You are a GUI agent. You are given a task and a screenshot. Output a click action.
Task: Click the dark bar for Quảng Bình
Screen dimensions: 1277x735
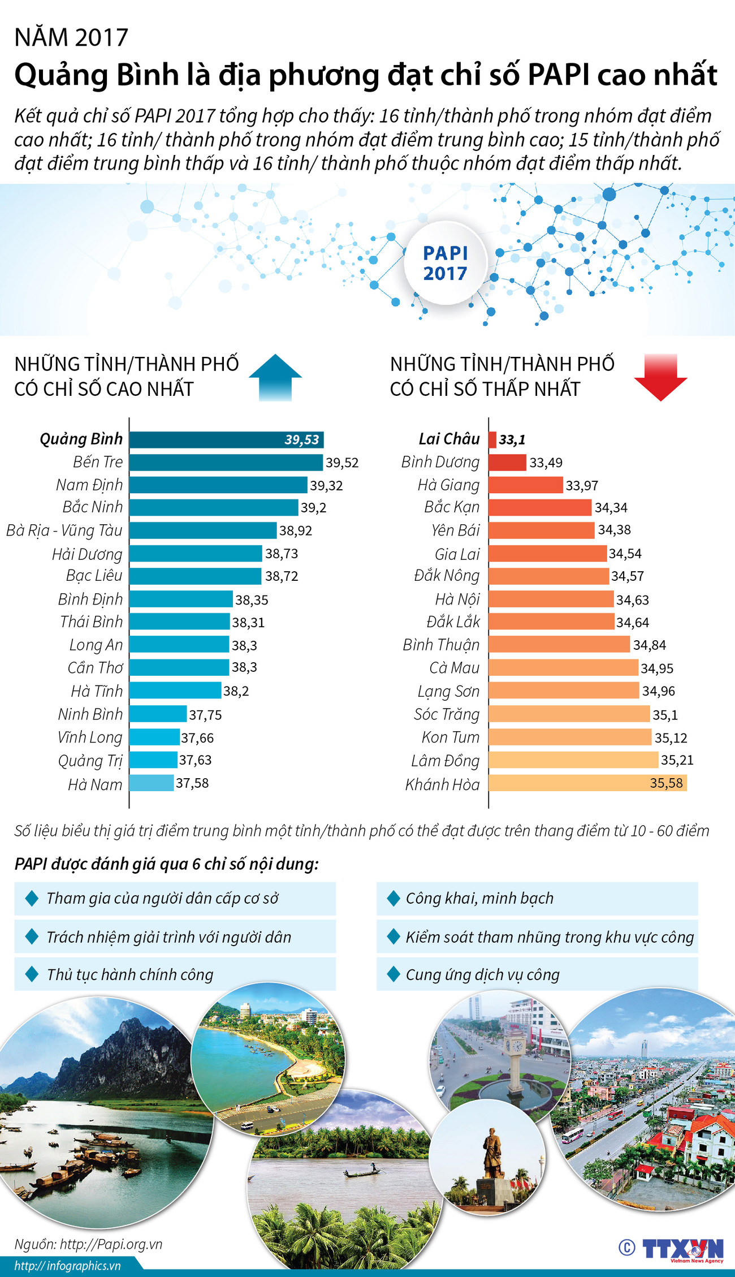[x=226, y=439]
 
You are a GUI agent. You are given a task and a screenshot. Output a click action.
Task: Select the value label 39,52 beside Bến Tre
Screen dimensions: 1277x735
[x=342, y=463]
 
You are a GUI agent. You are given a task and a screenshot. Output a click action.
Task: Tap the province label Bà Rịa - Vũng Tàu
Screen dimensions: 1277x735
[x=64, y=530]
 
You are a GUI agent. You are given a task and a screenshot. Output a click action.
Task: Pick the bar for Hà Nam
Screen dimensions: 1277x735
[x=152, y=783]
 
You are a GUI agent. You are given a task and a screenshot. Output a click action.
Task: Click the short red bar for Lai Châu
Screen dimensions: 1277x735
[x=492, y=439]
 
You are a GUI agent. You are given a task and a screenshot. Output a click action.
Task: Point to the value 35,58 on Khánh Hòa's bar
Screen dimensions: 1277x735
[x=667, y=783]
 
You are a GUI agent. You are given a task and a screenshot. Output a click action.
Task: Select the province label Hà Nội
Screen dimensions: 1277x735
[x=457, y=599]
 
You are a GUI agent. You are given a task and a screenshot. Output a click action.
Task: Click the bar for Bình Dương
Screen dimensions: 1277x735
[x=507, y=463]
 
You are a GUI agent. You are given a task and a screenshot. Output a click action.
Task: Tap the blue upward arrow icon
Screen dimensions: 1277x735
[x=275, y=377]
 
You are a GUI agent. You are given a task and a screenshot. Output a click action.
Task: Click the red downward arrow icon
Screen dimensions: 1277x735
[x=660, y=377]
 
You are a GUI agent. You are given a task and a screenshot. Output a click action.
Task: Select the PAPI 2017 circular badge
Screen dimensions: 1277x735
[x=446, y=263]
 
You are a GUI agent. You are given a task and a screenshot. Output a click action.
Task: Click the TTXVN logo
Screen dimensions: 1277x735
[x=682, y=1249]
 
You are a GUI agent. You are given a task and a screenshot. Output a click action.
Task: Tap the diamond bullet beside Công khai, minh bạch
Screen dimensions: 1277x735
[x=394, y=898]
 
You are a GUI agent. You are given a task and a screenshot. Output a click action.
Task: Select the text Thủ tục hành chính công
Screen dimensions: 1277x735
[x=130, y=974]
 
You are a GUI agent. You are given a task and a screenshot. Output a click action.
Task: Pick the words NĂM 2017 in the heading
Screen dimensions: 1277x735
[x=71, y=38]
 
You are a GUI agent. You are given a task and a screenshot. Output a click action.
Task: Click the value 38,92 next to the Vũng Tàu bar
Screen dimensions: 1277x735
[x=296, y=530]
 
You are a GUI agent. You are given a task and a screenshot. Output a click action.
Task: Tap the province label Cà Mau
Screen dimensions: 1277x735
[x=454, y=668]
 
